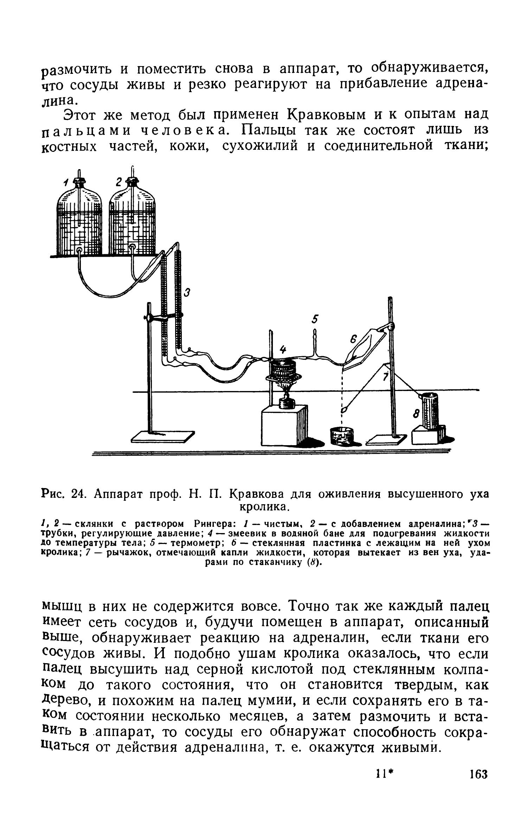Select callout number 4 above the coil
pyautogui.click(x=282, y=350)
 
